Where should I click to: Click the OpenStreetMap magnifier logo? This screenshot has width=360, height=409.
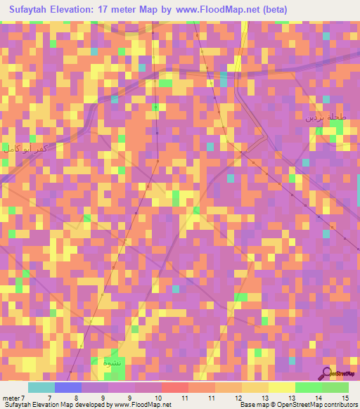[x=327, y=372]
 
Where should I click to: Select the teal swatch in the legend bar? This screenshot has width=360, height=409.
[x=41, y=387]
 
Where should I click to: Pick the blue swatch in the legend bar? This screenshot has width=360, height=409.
[x=67, y=387]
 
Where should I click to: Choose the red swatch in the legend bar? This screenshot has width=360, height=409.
[x=174, y=387]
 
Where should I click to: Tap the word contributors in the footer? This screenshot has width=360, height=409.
[x=339, y=404]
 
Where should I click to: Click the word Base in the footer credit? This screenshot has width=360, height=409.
[x=246, y=404]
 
